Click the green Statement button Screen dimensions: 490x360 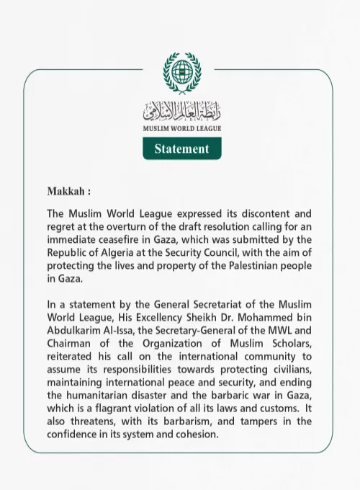(181, 148)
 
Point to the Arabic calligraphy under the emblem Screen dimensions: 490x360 (181, 110)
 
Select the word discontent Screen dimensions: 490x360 (257, 214)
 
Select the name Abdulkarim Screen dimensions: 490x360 (76, 331)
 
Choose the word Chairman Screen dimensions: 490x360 (73, 344)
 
